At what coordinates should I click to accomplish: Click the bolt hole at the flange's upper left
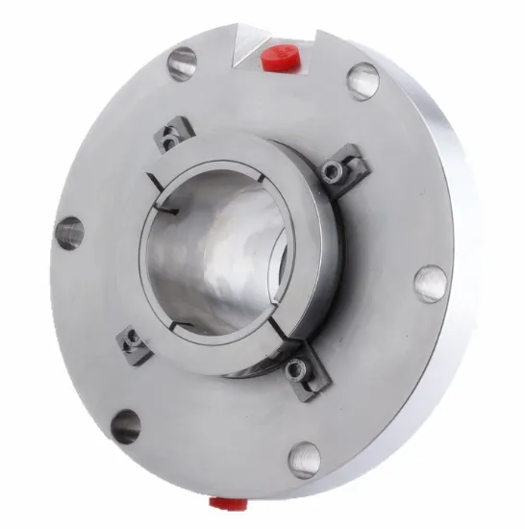pyautogui.click(x=181, y=63)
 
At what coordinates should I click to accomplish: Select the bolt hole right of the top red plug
pyautogui.click(x=362, y=80)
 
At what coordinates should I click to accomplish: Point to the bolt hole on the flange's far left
pyautogui.click(x=69, y=232)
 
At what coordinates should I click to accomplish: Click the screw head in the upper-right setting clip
pyautogui.click(x=332, y=171)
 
